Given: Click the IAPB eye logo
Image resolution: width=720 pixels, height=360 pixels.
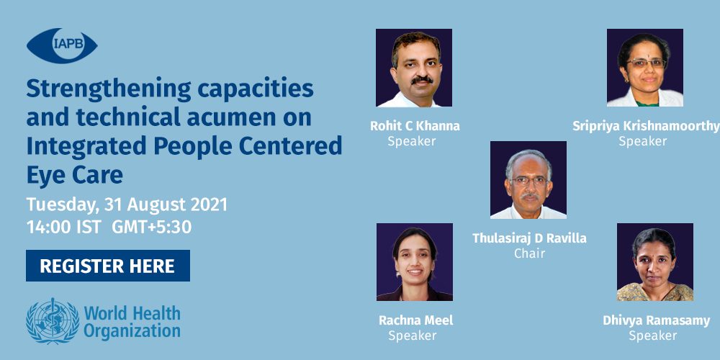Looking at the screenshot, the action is (x=62, y=45).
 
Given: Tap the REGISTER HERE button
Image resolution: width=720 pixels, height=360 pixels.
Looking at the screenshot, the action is (x=108, y=266).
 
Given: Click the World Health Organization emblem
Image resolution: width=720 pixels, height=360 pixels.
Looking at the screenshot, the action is (x=53, y=321).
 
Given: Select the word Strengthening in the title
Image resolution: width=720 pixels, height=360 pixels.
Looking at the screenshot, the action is (x=109, y=90).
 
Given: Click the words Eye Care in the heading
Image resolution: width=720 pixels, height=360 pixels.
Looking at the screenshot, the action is (x=74, y=175).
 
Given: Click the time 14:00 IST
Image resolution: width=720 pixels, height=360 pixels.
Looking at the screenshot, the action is (x=63, y=228).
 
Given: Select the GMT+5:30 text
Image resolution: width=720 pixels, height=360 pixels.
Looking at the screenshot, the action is (x=151, y=228).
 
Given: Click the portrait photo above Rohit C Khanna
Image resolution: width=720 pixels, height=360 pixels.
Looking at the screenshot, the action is (x=414, y=68).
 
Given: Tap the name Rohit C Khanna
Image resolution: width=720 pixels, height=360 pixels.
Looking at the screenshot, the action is (x=415, y=126).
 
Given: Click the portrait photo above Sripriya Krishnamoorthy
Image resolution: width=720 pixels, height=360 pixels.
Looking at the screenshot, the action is (x=644, y=68).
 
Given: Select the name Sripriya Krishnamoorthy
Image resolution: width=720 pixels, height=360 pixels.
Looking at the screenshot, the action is (x=646, y=126).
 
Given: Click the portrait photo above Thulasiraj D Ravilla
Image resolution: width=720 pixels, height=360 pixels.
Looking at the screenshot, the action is (x=528, y=180).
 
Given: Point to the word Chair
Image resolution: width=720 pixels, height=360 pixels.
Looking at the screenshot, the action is (x=529, y=253).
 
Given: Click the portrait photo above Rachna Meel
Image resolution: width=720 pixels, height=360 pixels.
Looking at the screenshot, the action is (x=415, y=262).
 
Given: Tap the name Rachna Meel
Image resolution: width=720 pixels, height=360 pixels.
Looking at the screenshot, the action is (x=415, y=320).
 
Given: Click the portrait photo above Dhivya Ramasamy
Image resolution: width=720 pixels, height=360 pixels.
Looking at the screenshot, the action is (x=654, y=262).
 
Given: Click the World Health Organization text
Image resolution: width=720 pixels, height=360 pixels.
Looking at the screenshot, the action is (x=132, y=323).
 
